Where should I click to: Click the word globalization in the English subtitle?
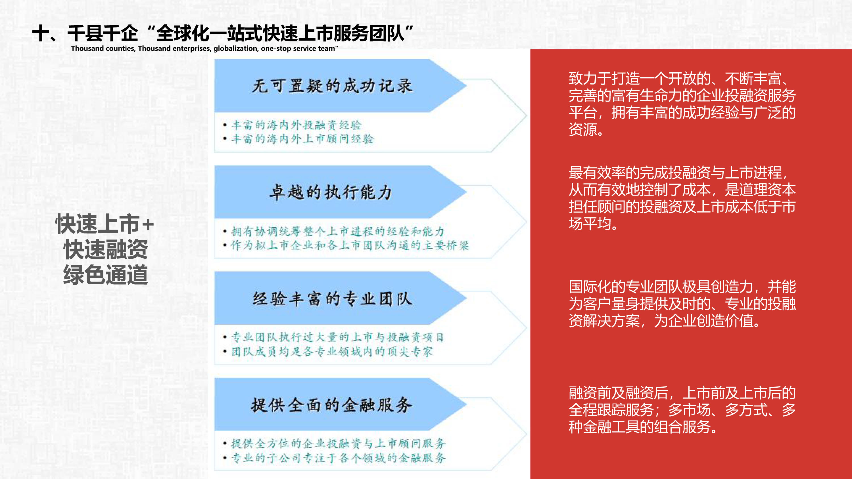(235, 49)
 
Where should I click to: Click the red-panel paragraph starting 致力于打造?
(682, 104)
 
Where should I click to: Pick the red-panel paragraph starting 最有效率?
(682, 198)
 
